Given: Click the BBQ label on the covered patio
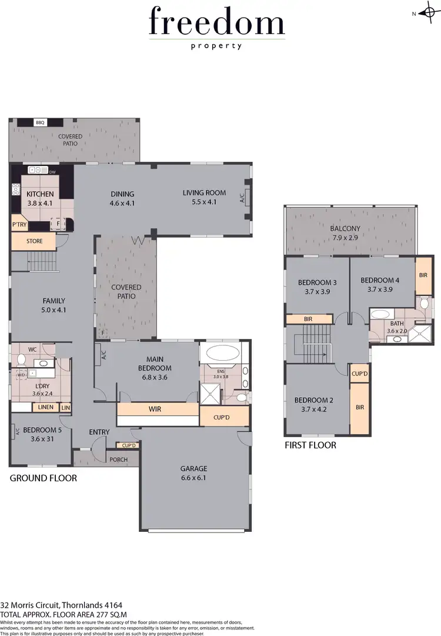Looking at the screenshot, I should (40, 123).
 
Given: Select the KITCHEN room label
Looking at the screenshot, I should (40, 194).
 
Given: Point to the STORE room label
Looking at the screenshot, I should (34, 241).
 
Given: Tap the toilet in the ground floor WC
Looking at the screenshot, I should (21, 359).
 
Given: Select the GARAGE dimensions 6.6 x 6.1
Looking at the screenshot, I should (193, 478).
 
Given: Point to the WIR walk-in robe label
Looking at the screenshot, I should (155, 408).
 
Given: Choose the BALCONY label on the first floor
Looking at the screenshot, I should (346, 228).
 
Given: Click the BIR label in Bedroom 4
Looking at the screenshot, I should (423, 275).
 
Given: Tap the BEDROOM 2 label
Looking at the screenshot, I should (313, 401).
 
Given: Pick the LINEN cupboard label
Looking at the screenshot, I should (45, 407).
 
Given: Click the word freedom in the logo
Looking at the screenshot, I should (217, 22).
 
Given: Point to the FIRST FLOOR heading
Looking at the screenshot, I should (310, 445).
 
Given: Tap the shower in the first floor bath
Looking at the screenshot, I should (420, 335).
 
